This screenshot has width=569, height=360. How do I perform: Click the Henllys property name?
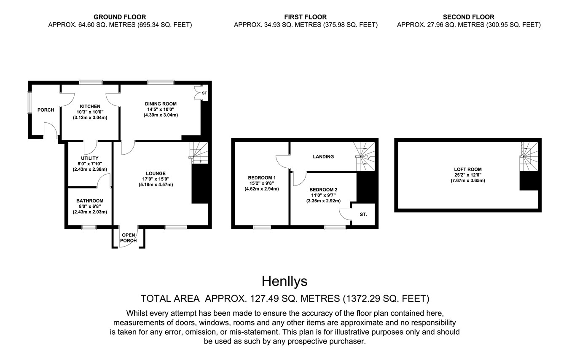[x=284, y=281]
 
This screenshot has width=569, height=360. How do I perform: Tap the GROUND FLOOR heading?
[x=120, y=17]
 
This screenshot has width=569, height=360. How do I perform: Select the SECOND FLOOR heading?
[x=469, y=17]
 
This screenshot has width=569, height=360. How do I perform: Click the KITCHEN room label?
[x=90, y=107]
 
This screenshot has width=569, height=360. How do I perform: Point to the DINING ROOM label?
[x=161, y=104]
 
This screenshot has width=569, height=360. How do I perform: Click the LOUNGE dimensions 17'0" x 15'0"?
[x=156, y=179]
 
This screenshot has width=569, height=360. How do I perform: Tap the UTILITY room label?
[x=90, y=158]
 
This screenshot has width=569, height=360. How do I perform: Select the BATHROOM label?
[x=90, y=201]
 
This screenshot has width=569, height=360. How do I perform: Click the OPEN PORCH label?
[x=128, y=238]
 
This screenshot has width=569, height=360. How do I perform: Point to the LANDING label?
[x=323, y=156]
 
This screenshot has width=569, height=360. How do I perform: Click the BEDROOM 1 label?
[x=262, y=177]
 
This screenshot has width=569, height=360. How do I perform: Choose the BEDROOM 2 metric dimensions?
[x=323, y=201]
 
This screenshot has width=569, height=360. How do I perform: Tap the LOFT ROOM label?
[x=468, y=169]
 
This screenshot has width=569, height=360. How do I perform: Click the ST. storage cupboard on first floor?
[x=363, y=215]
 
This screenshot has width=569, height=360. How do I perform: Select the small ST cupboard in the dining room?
[x=204, y=93]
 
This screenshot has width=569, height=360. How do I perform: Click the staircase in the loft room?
[x=529, y=156]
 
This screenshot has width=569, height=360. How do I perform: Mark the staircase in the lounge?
[x=199, y=153]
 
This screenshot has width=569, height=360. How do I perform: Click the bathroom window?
[x=89, y=227]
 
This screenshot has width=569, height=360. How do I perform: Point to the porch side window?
[x=30, y=102]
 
